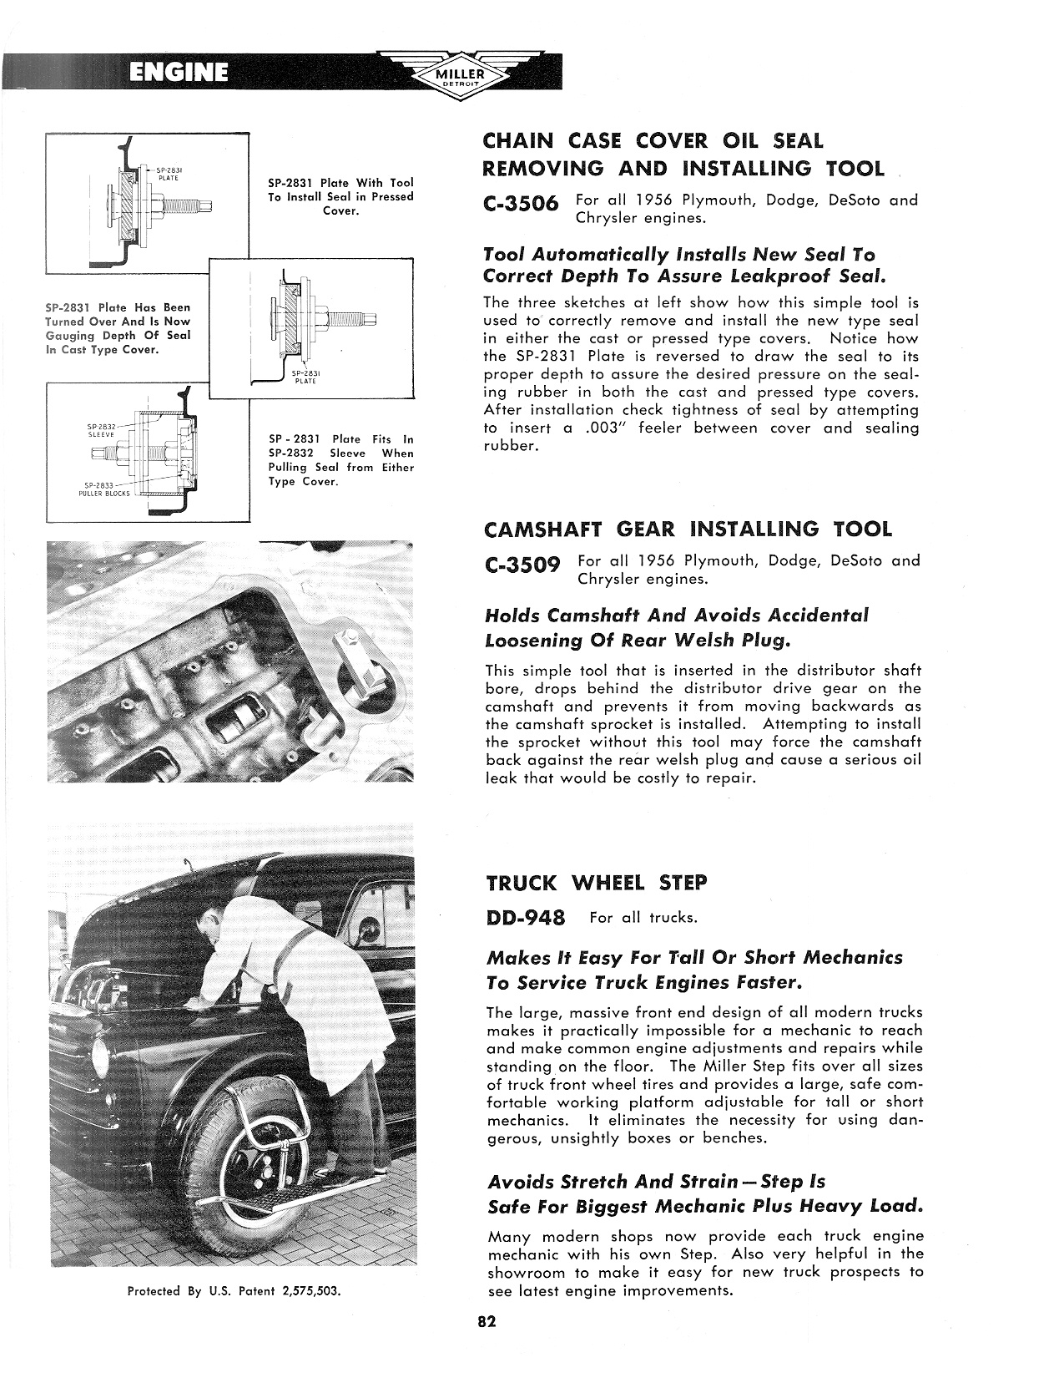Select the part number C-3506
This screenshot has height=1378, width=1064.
[x=521, y=205]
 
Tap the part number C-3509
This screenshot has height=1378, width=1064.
[x=522, y=565]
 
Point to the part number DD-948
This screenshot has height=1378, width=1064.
[x=525, y=918]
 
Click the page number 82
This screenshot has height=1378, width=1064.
[x=487, y=1321]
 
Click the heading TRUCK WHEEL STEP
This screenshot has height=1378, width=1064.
[x=596, y=883]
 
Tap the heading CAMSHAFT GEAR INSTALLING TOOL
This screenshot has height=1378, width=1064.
[x=688, y=529]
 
